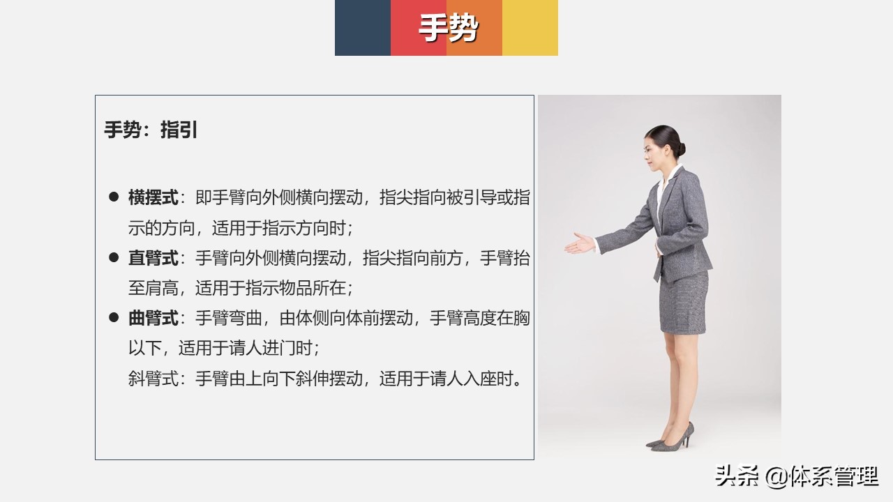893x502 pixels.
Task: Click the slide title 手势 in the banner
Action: pos(448,29)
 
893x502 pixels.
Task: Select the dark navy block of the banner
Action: pos(362,28)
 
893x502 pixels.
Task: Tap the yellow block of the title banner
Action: pos(530,28)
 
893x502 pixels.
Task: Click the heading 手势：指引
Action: pos(151,130)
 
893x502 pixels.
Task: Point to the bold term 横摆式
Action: pos(153,198)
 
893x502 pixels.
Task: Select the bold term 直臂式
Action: pos(153,259)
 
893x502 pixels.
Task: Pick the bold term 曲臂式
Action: pos(153,319)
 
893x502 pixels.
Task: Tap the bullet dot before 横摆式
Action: pos(114,197)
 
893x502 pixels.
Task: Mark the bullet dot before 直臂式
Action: pos(114,258)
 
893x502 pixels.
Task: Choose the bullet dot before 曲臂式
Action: pos(114,318)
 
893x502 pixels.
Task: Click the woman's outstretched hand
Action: pos(579,244)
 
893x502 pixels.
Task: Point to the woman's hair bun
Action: pos(680,148)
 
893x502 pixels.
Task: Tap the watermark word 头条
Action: pos(736,477)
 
